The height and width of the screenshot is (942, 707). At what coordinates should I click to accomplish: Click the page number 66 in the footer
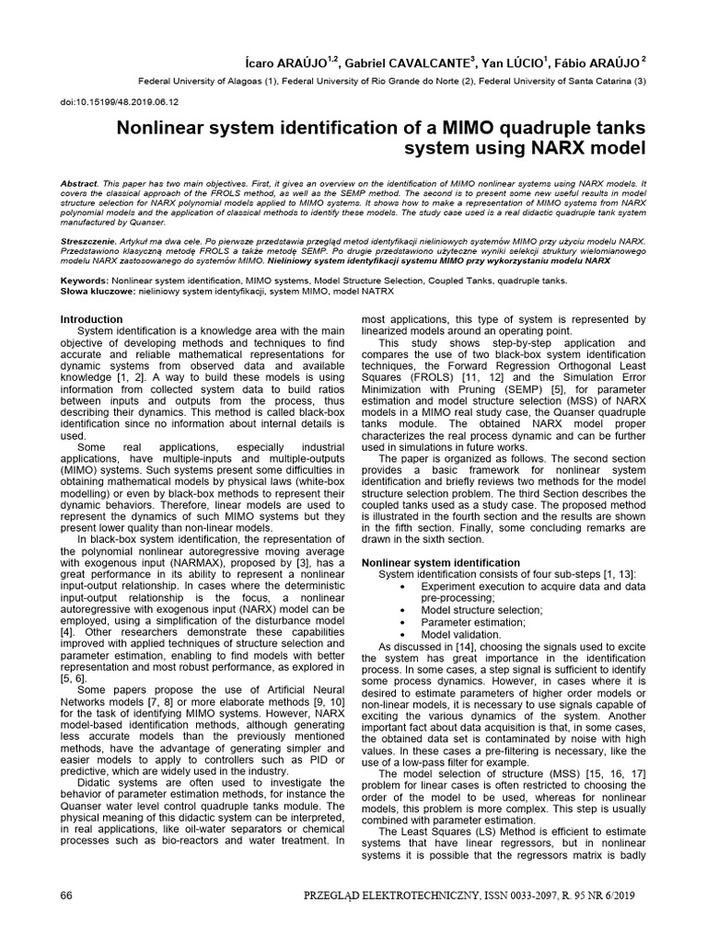click(65, 895)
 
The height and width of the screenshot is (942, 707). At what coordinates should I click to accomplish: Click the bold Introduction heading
click(90, 319)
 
